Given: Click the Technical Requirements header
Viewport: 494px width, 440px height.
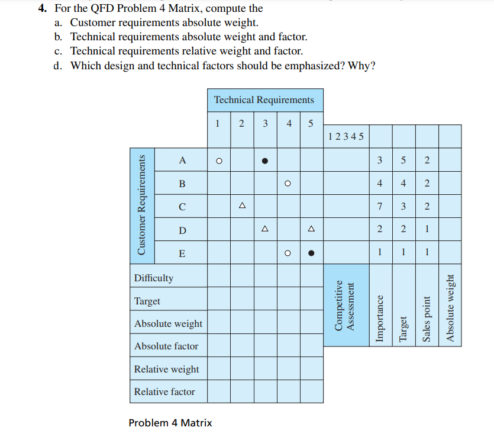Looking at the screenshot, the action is point(264,100).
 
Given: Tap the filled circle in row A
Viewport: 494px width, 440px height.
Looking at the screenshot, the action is point(266,160).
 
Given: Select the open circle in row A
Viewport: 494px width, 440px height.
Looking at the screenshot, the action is point(218,160).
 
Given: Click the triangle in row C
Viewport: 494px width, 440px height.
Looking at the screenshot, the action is point(241,206).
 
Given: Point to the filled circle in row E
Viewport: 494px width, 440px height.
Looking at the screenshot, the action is point(311,253).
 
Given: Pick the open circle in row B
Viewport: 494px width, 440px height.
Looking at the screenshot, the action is point(288,183).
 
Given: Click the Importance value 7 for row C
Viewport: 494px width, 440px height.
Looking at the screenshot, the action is point(380,206).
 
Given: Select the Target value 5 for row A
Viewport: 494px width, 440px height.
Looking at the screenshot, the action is point(403,160).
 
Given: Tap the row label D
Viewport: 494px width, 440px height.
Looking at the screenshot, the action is point(182,230).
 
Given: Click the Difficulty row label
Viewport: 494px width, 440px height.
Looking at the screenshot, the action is point(154,278).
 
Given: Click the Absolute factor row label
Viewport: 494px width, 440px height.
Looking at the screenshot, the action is point(166,346).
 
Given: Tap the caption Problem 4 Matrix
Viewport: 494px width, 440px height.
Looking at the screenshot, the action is point(170,423).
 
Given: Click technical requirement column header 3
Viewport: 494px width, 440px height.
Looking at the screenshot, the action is point(265,124).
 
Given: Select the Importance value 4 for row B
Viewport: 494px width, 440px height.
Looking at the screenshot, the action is point(380,183).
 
